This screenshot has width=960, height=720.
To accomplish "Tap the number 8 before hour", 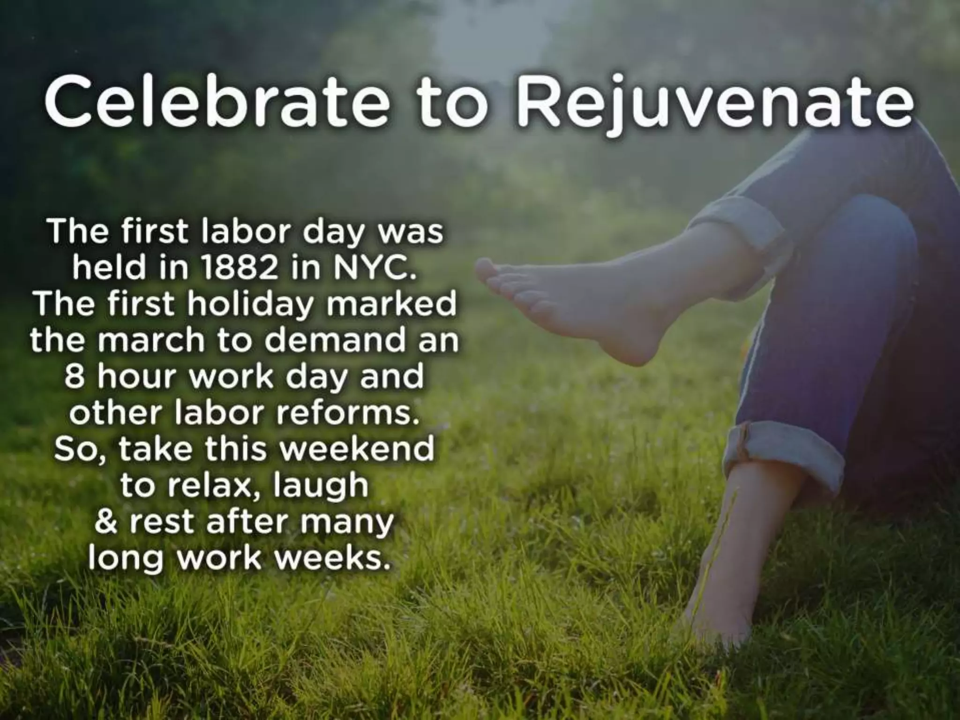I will (75, 376).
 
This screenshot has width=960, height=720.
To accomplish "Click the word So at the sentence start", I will (68, 449).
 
